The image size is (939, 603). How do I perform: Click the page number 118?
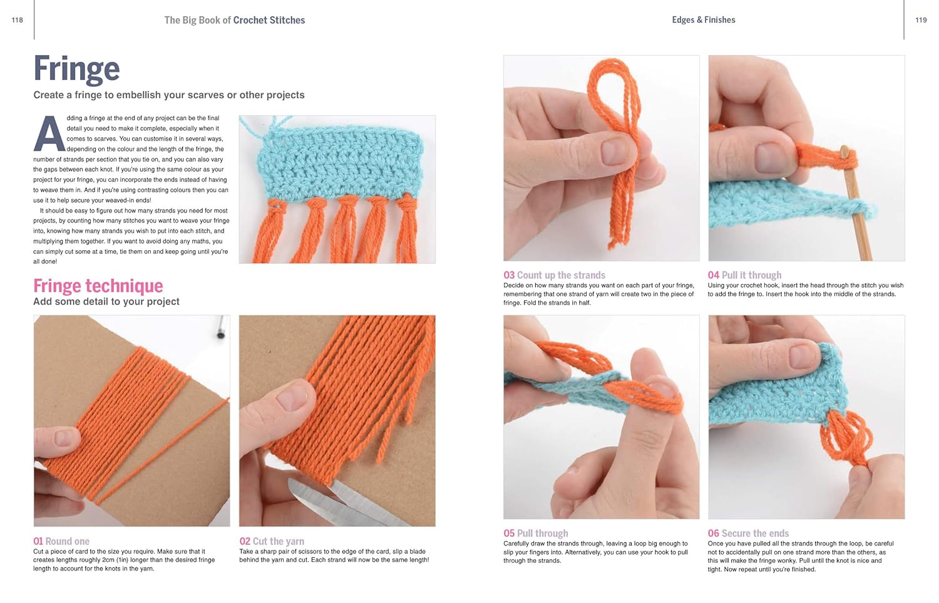coord(17,20)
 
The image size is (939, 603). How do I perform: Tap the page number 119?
coord(921,20)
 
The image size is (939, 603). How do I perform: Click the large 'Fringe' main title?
coord(77,68)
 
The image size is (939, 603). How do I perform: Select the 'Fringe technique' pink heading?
coord(98,286)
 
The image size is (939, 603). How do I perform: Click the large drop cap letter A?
coord(49,134)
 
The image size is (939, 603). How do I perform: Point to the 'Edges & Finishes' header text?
coord(704,19)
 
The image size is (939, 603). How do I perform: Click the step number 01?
coord(38,541)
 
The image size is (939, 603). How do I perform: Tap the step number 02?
coord(245,541)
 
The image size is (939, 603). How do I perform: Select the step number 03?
coord(509,275)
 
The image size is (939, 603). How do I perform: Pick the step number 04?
coord(714,275)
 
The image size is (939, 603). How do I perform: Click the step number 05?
coord(509,533)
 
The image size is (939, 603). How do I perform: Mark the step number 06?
coord(714,533)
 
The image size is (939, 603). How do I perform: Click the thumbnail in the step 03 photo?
coord(614,151)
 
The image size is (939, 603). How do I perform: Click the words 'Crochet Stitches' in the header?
coord(269,20)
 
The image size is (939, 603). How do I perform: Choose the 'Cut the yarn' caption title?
coord(279,541)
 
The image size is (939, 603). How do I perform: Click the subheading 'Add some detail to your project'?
coord(106,301)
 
